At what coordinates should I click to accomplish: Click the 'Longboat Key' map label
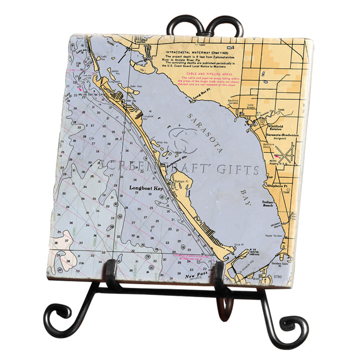pyautogui.click(x=146, y=188)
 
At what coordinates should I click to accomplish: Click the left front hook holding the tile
pyautogui.click(x=111, y=270)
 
